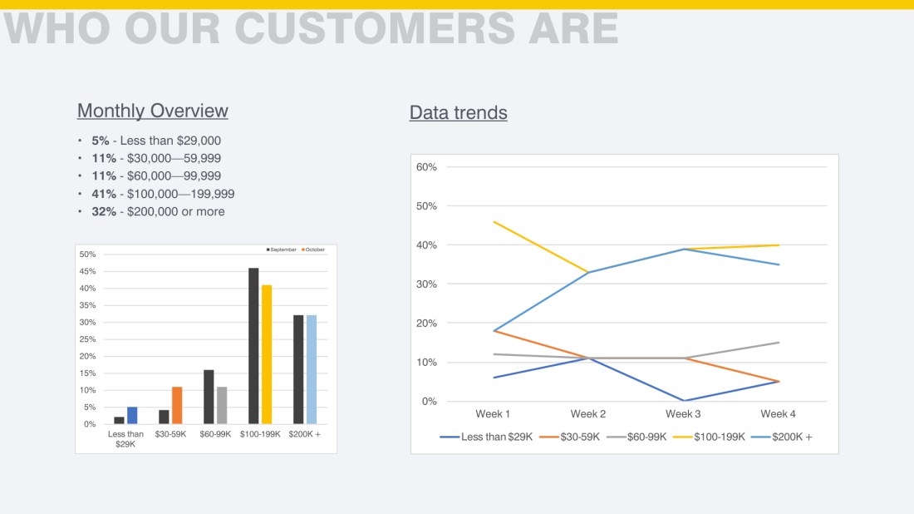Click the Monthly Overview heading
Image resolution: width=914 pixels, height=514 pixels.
tap(152, 111)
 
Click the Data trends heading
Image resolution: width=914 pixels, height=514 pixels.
tap(458, 112)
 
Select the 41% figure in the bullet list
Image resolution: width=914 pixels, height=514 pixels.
tap(104, 194)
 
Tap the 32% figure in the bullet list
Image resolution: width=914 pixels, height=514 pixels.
tap(104, 211)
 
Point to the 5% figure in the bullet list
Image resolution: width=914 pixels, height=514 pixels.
tap(101, 141)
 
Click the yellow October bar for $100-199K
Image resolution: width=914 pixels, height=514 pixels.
tap(267, 354)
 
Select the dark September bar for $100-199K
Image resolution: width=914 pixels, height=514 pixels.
tap(253, 346)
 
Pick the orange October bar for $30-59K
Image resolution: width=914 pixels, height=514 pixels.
tap(177, 405)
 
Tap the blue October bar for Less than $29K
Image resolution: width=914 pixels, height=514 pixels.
tap(132, 415)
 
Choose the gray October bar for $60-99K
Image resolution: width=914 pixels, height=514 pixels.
tap(222, 405)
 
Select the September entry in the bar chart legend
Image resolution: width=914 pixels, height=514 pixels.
tap(283, 250)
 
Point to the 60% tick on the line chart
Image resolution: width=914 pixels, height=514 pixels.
tap(426, 167)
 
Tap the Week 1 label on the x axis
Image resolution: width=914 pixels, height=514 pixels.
tap(493, 414)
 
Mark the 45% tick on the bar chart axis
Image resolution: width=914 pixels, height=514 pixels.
tap(88, 271)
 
